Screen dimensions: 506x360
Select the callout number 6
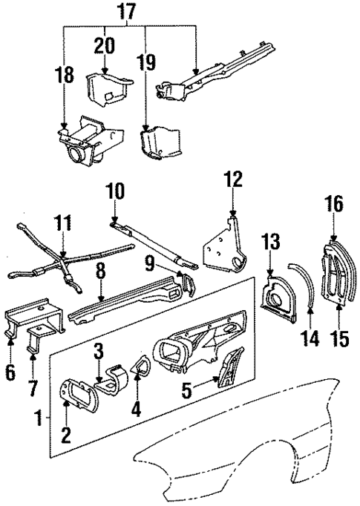click(10, 372)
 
